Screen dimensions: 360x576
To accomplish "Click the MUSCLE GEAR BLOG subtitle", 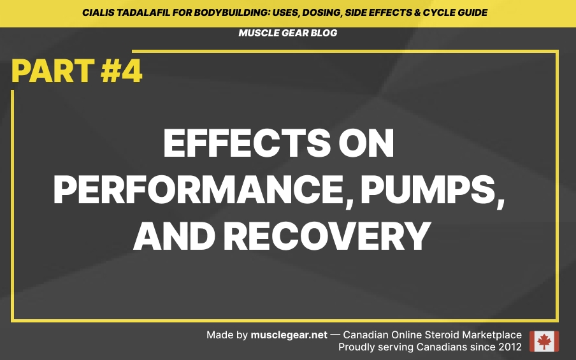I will coord(288,33).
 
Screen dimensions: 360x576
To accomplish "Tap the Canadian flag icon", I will coord(544,341).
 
